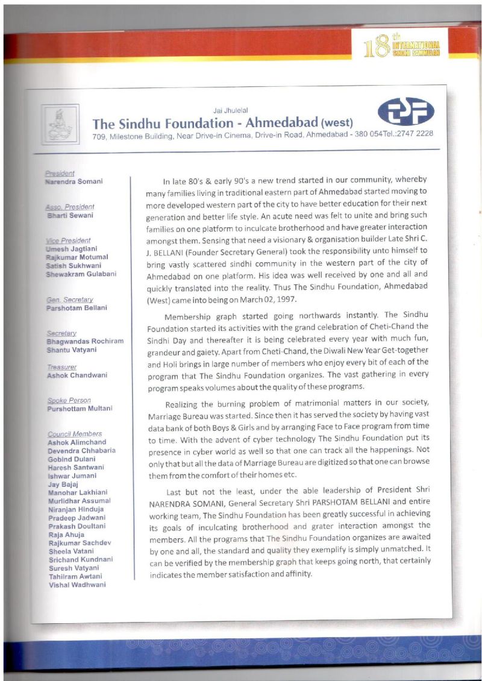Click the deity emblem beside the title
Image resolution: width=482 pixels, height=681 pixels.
(x=60, y=124)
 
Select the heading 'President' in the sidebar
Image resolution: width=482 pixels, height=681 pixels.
(x=60, y=174)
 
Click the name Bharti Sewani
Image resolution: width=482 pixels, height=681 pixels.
(x=70, y=215)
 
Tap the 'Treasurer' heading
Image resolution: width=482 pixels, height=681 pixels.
(x=62, y=366)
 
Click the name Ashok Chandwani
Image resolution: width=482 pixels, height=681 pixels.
(x=77, y=375)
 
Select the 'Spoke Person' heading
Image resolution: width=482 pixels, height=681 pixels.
(x=69, y=400)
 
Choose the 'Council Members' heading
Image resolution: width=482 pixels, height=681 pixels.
(x=74, y=434)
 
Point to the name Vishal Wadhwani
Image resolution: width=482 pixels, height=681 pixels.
(x=77, y=585)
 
